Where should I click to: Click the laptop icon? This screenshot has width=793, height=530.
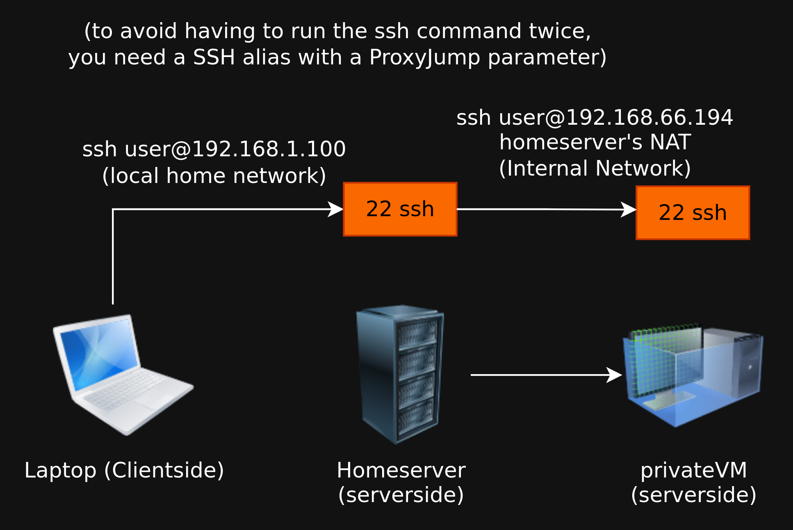pos(123,375)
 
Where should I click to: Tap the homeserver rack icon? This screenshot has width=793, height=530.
pos(400,374)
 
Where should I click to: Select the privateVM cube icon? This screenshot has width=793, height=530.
pos(693,375)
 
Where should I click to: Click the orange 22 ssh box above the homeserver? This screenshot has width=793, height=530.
pos(400,209)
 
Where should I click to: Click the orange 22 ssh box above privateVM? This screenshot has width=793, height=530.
pos(693,212)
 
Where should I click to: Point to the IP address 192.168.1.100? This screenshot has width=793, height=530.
pos(269,149)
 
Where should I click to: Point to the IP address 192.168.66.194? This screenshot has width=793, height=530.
pos(649,118)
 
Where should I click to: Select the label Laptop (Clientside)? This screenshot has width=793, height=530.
pos(124,470)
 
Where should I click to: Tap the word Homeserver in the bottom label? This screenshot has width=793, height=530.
pos(401,470)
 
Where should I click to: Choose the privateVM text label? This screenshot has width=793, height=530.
pos(694,470)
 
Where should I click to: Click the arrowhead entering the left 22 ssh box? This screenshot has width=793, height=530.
pos(335,209)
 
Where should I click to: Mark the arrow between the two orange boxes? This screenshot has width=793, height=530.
pos(547,209)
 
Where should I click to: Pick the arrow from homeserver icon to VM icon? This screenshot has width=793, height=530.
pos(547,375)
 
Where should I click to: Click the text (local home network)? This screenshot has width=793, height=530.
pos(214,176)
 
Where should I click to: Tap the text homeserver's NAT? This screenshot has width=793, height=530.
pos(595,142)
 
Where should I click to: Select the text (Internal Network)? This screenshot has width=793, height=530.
pos(595,169)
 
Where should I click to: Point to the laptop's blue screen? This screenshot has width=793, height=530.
pos(98,354)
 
